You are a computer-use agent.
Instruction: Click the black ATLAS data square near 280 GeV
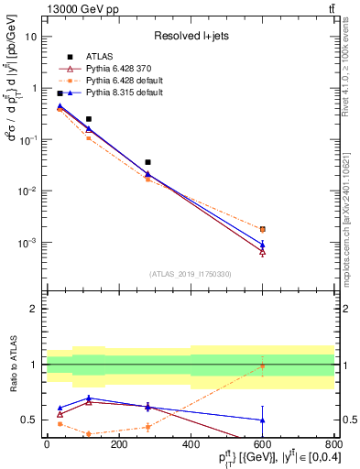pos(147,162)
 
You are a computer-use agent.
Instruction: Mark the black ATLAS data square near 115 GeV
pos(89,119)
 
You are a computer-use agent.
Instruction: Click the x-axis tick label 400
pos(191,445)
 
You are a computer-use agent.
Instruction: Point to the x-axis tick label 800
pos(333,445)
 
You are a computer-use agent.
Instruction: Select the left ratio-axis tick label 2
pos(35,309)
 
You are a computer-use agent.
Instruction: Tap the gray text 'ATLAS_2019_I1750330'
pos(191,274)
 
